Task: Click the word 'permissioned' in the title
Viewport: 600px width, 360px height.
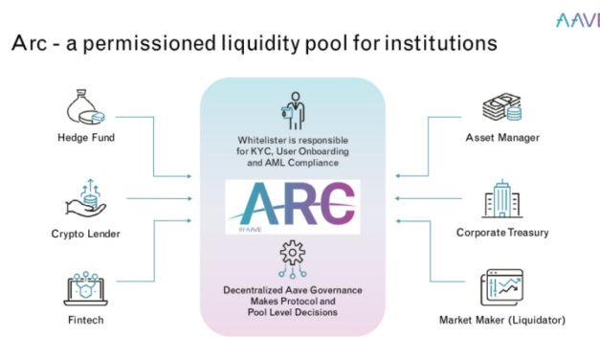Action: click(168, 45)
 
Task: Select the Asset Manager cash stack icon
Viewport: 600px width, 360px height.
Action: click(501, 107)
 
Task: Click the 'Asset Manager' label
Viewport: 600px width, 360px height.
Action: click(501, 138)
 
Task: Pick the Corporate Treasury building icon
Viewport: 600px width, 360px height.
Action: click(501, 199)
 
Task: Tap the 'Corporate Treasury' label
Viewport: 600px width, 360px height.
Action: click(501, 232)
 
